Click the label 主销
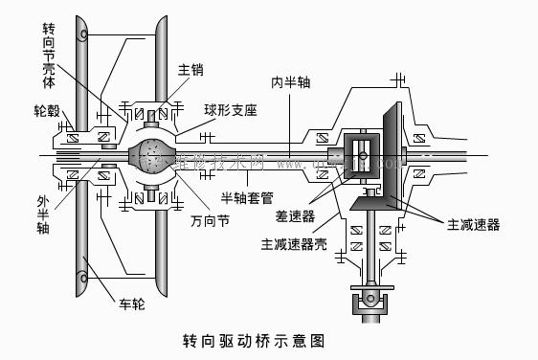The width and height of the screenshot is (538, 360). [190, 70]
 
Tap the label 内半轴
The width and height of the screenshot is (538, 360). [289, 82]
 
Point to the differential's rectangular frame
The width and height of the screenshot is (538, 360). [362, 154]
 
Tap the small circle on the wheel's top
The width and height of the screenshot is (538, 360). [85, 35]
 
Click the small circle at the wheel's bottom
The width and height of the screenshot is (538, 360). [85, 280]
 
